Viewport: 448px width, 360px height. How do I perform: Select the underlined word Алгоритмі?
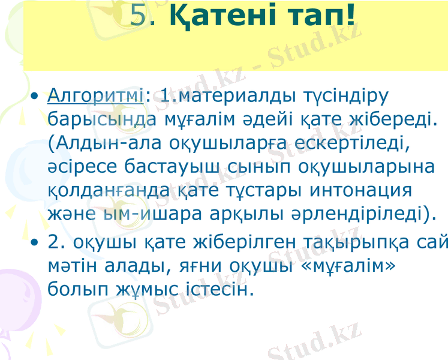pyautogui.click(x=95, y=95)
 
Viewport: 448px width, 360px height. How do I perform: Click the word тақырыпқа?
pyautogui.click(x=360, y=242)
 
